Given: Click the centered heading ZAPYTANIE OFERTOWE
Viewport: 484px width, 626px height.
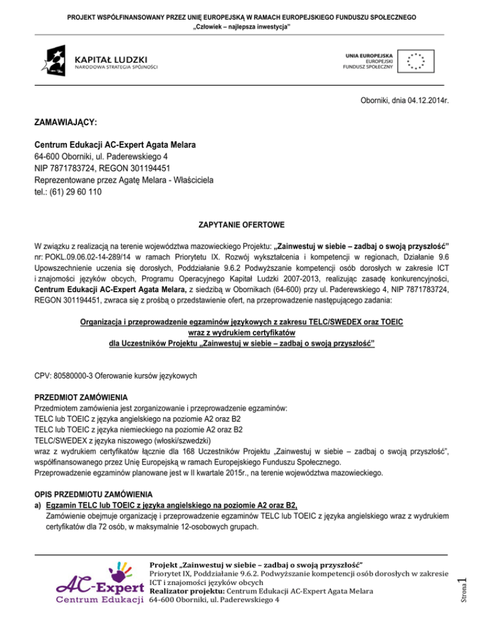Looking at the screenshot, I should pyautogui.click(x=241, y=224).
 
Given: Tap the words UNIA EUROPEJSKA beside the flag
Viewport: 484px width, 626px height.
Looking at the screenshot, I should pyautogui.click(x=369, y=54).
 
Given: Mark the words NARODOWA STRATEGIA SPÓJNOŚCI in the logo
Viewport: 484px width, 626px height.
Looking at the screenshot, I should pyautogui.click(x=117, y=66).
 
